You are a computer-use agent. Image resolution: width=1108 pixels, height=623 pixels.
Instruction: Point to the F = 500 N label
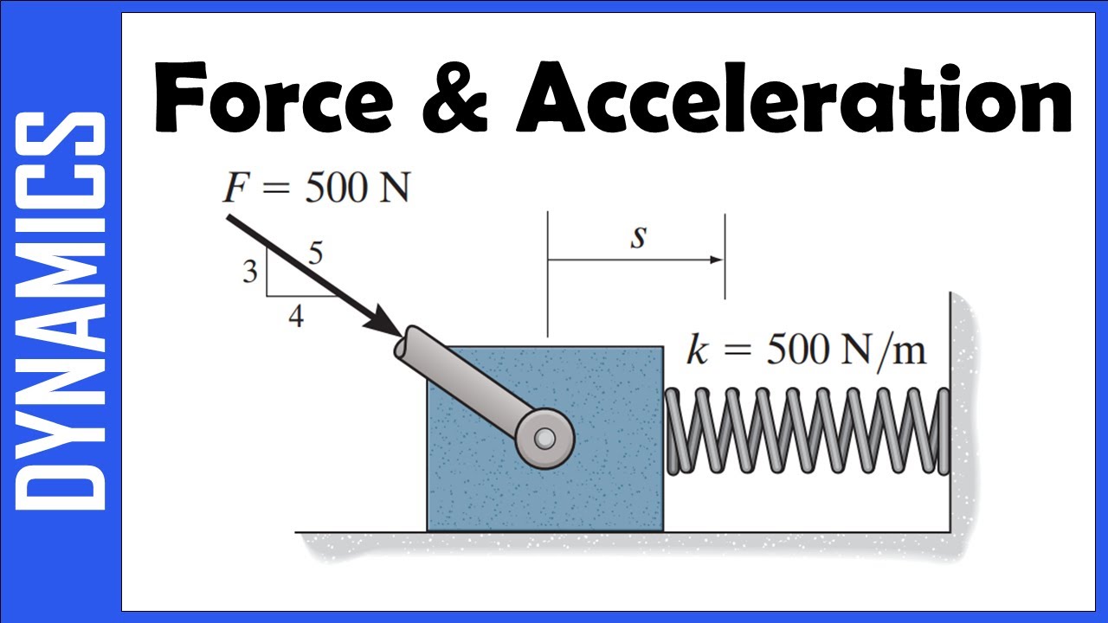point(316,189)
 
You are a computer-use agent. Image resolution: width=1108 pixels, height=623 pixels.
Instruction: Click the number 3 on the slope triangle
point(250,273)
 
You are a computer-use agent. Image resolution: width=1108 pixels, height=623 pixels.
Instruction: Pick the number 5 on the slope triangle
point(315,254)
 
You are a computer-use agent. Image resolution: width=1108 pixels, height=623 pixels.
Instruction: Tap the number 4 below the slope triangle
point(296,318)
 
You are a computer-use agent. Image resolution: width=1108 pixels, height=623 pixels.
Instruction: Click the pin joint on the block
point(544,439)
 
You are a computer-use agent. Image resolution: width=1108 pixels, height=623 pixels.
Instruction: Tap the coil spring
point(805,431)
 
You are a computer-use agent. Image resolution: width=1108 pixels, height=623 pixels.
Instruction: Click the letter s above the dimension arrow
point(638,237)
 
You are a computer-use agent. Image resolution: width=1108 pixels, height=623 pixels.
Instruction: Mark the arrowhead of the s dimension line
point(716,260)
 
